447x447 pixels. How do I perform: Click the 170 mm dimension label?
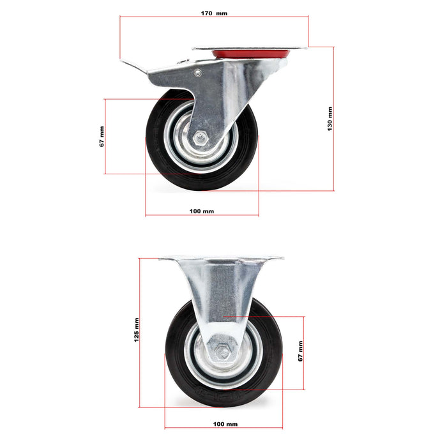[214, 13]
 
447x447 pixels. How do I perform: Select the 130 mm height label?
[330, 119]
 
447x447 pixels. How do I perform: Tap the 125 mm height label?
[136, 330]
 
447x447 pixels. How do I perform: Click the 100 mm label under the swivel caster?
[202, 211]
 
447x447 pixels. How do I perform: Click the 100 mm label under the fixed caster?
[225, 423]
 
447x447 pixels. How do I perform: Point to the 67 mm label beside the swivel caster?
[102, 136]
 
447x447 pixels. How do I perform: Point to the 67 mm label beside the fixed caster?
[300, 351]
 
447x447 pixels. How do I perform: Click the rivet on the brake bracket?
[197, 73]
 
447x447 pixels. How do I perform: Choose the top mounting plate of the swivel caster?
[249, 47]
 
